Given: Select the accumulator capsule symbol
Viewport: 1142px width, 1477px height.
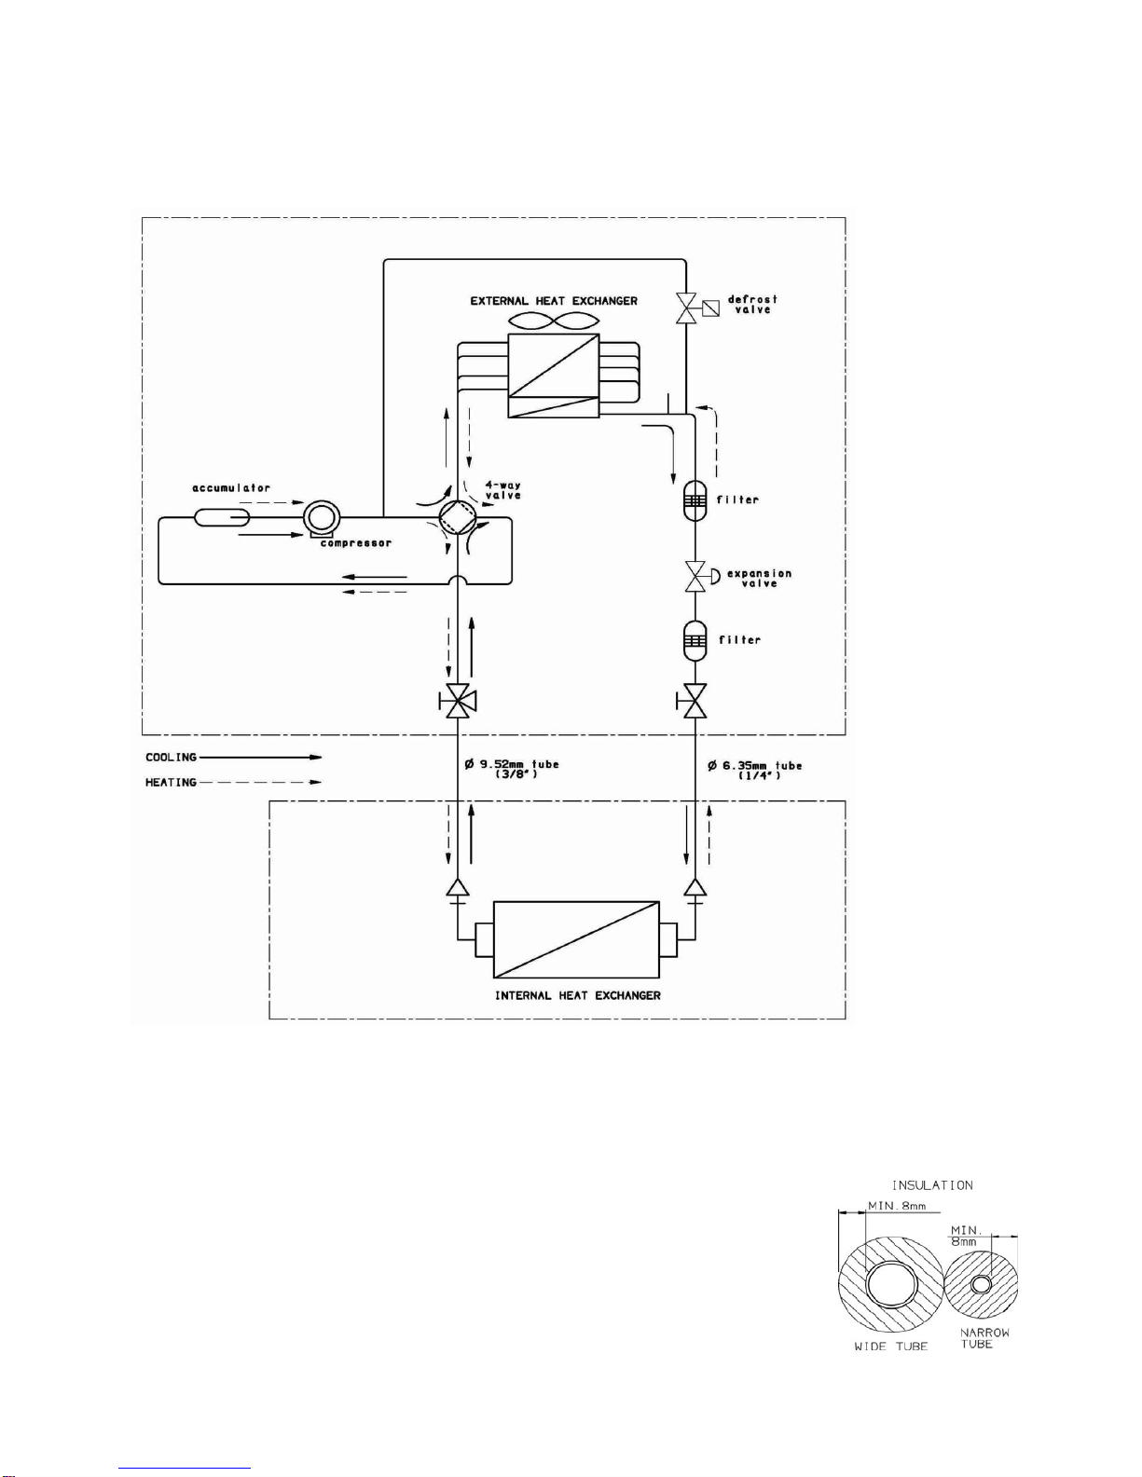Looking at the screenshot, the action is pyautogui.click(x=222, y=517).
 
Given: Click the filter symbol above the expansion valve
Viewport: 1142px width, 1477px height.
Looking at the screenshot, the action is pyautogui.click(x=695, y=500).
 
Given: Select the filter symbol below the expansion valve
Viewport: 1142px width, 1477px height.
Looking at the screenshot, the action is pyautogui.click(x=695, y=639).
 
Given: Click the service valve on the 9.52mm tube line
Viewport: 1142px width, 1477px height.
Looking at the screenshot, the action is pyautogui.click(x=458, y=701).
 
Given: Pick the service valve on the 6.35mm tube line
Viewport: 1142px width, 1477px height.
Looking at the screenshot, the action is pyautogui.click(x=692, y=701).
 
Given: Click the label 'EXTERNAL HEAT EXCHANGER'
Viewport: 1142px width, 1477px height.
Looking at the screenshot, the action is pyautogui.click(x=554, y=300).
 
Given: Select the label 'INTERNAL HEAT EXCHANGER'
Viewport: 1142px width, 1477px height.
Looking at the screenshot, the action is pyautogui.click(x=578, y=996).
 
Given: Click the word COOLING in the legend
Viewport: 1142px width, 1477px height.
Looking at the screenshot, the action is pyautogui.click(x=171, y=758).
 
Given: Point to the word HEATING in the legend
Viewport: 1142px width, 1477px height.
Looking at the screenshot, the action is pyautogui.click(x=171, y=783).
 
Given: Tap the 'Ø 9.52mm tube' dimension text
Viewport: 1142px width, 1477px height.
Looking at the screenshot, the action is pyautogui.click(x=512, y=765).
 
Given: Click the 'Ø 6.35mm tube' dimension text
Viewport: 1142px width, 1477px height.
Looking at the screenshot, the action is pyautogui.click(x=754, y=765).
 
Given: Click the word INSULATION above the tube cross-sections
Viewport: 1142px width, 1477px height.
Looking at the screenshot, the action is pyautogui.click(x=932, y=1185).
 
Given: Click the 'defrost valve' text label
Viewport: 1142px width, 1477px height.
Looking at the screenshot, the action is pyautogui.click(x=752, y=304).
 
